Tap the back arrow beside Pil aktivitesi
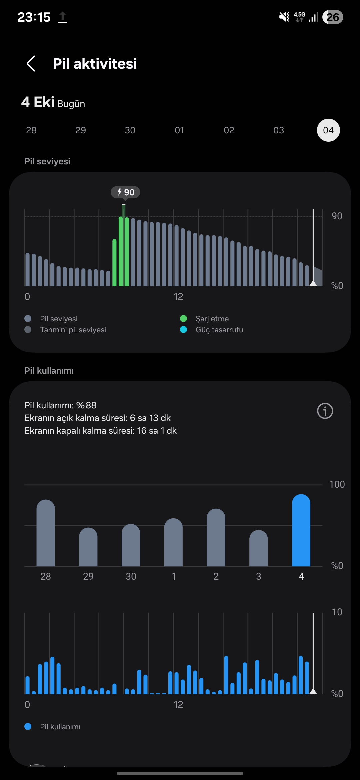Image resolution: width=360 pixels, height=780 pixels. (31, 64)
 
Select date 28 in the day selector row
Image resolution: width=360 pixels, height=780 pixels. (31, 130)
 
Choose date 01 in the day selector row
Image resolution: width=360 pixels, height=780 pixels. (179, 130)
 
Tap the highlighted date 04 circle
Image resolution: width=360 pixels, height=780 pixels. (328, 130)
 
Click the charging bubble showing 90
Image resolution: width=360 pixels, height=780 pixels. (125, 192)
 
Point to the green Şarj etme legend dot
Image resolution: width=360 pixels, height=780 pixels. (183, 319)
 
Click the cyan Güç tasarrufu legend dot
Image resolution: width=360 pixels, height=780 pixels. (183, 330)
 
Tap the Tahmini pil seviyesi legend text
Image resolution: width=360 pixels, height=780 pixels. (73, 330)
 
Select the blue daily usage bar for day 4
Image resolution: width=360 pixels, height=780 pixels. (301, 531)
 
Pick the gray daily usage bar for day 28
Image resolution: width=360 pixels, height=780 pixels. (46, 533)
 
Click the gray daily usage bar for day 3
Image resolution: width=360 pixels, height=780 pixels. (258, 548)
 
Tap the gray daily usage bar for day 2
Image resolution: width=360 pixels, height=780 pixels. (216, 538)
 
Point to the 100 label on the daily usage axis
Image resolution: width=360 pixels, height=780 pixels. (337, 484)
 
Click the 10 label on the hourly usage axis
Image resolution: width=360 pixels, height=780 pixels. (337, 612)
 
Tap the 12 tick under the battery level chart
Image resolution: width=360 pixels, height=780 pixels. (178, 297)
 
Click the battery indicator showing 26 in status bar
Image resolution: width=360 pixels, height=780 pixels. (333, 17)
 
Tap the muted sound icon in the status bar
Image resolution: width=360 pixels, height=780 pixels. (284, 17)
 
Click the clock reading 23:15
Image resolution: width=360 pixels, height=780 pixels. (34, 17)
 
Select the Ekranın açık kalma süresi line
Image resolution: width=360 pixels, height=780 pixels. (97, 418)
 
